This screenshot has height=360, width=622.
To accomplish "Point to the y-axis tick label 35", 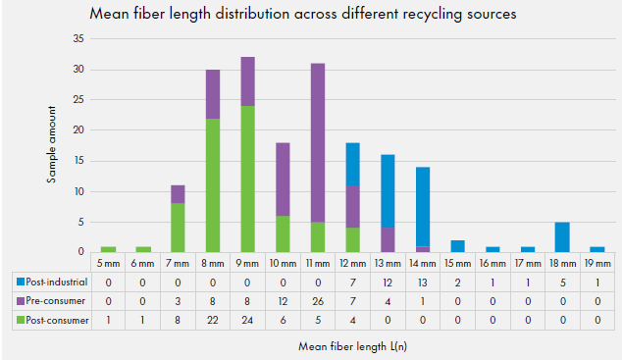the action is pos(78,38).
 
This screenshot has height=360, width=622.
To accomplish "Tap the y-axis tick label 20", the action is pos(78,130).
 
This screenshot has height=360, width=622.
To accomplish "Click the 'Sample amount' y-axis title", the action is pos(52,144).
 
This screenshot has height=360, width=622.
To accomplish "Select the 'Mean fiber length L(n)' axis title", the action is pos(352,346).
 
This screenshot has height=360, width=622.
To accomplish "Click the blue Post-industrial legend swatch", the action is pos(21,282).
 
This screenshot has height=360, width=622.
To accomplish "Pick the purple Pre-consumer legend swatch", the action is pos(21,301).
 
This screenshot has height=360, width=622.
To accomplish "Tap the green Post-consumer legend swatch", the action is pos(21,320).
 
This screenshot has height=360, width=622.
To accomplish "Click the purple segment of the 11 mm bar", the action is pos(318,143).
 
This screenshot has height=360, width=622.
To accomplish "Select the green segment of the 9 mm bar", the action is pos(248,179).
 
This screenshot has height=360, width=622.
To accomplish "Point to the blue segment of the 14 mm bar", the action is pos(423,207).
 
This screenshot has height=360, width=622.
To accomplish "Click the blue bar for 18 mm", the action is pos(562,237).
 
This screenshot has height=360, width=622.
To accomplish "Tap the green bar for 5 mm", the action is pos(108,249).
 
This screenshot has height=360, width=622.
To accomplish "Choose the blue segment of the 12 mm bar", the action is pos(352,164).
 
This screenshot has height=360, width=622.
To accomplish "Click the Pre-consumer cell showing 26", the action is pos(318,301).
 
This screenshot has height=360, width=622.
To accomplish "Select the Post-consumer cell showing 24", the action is pos(247,320).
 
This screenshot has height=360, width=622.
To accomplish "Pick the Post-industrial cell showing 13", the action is pos(423,283).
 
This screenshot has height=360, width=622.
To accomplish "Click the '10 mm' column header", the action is pos(283,263).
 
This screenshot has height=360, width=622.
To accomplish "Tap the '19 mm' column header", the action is pos(597,263).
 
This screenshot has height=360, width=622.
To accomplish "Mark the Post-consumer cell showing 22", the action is pos(213,320).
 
